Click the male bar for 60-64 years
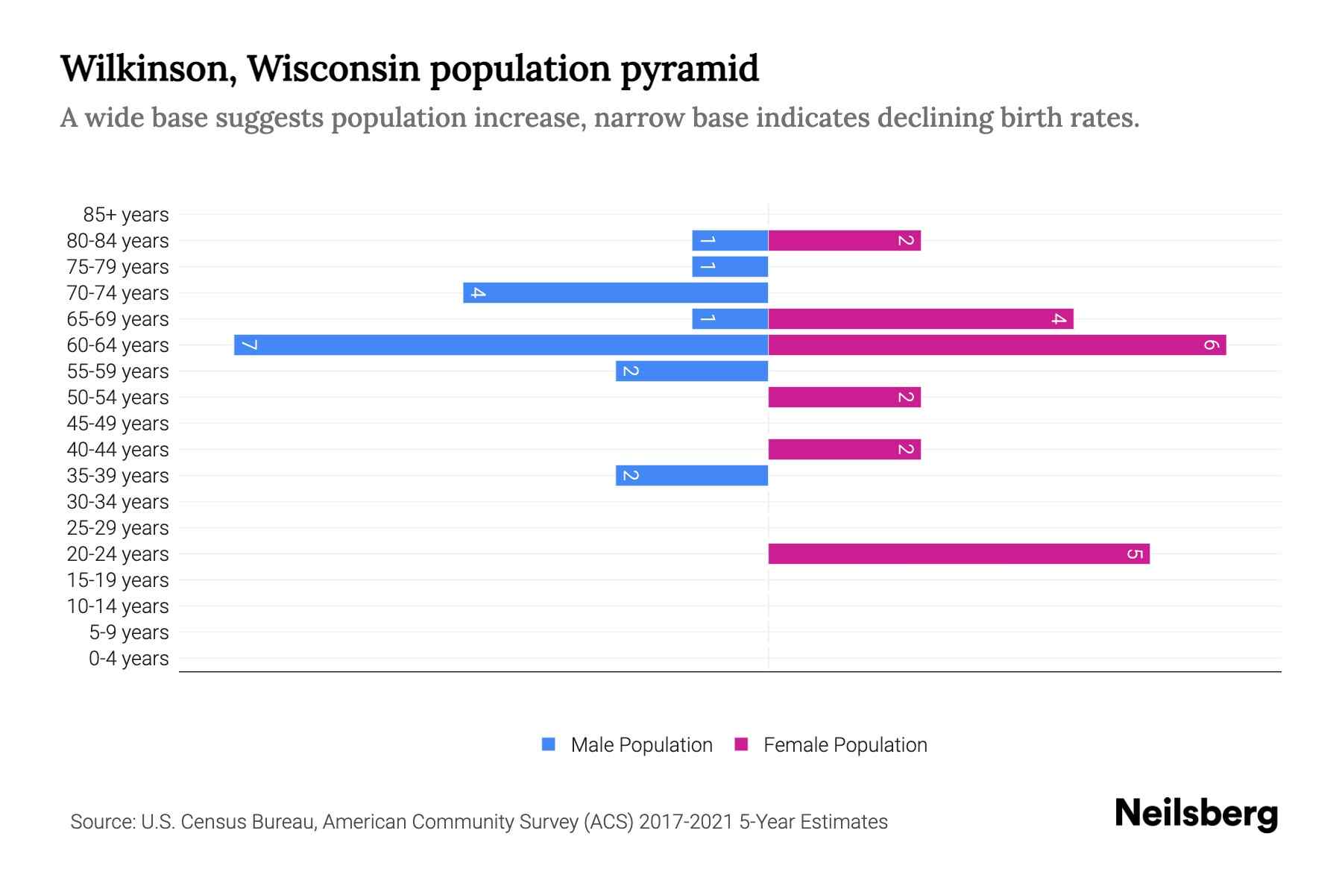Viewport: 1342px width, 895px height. point(501,345)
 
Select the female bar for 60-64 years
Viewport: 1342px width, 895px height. point(997,345)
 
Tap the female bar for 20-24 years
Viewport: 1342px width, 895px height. point(959,553)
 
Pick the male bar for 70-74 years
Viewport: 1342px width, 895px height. point(615,292)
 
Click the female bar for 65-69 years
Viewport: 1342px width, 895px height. point(921,318)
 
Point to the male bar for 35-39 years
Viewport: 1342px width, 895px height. point(692,475)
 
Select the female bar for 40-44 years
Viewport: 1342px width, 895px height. point(844,449)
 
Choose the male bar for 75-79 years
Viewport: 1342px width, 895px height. point(730,266)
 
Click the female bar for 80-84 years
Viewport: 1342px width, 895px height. point(844,240)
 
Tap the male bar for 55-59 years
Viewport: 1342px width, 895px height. point(692,371)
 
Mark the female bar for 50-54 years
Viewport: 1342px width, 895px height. point(844,397)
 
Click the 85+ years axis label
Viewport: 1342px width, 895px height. point(126,215)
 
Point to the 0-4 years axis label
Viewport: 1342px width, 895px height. point(128,659)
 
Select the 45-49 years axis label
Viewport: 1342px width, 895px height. point(118,424)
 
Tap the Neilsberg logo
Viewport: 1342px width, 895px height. point(1196,814)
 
